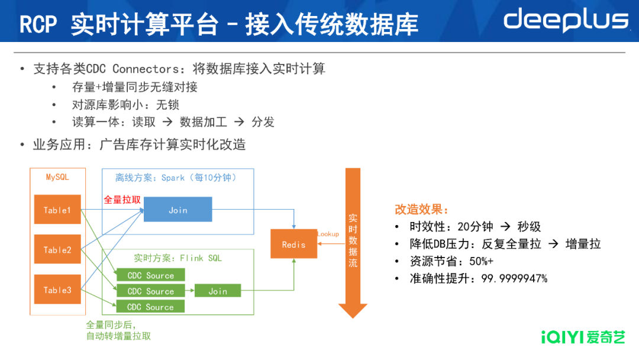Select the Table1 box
coord(57,210)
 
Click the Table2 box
coord(57,250)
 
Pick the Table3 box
coord(57,290)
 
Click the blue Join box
coord(177,210)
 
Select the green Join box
coord(217,291)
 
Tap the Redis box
coord(293,244)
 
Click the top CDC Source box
coord(150,275)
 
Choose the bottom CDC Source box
coord(150,307)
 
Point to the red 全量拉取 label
coord(122,200)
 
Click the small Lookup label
coord(328,234)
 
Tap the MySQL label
coord(57,177)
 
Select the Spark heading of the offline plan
coord(173,178)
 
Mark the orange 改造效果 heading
coord(421,210)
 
